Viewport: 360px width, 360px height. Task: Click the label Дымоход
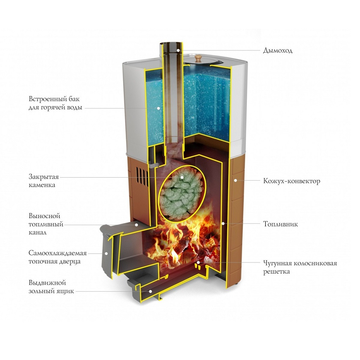pyautogui.click(x=277, y=51)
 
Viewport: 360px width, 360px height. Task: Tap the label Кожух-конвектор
pyautogui.click(x=292, y=181)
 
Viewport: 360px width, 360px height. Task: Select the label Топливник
pyautogui.click(x=280, y=224)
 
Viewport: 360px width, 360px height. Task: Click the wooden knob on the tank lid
pyautogui.click(x=198, y=57)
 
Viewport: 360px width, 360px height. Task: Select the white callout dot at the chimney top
pyautogui.click(x=178, y=51)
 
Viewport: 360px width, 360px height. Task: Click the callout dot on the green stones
pyautogui.click(x=182, y=177)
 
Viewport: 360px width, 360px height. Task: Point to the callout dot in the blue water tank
pyautogui.click(x=158, y=108)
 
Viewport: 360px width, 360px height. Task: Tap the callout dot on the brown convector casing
pyautogui.click(x=235, y=181)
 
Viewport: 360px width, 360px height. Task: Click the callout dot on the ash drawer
pyautogui.click(x=150, y=291)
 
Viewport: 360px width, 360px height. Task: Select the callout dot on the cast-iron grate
pyautogui.click(x=198, y=262)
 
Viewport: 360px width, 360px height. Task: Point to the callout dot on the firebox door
pyautogui.click(x=106, y=253)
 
